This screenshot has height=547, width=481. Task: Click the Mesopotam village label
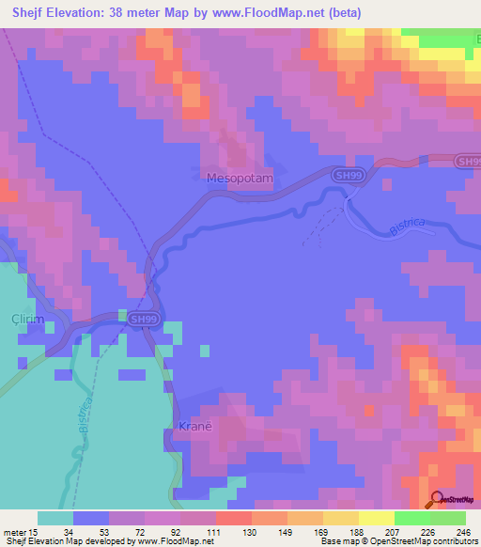point(239,177)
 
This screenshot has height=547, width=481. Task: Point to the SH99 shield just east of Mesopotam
point(348,176)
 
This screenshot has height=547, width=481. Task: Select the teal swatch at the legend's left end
point(55,518)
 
